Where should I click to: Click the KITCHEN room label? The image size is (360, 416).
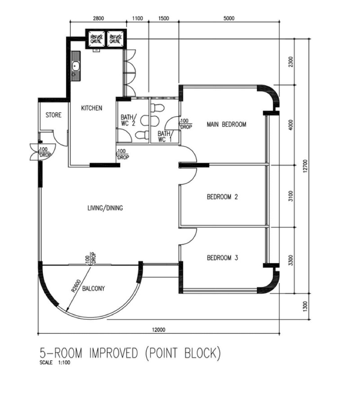(92, 108)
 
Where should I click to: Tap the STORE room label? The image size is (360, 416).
(54, 115)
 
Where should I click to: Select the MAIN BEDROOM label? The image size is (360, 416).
(226, 124)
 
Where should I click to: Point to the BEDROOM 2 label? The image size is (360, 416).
(222, 197)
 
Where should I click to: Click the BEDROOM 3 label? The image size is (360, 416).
(222, 258)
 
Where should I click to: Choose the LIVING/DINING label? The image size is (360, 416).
(105, 208)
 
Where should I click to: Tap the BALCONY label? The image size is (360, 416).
(94, 288)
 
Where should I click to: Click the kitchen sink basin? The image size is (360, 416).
(76, 66)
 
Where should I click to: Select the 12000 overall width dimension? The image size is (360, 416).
(158, 330)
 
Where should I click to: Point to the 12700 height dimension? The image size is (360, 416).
(305, 166)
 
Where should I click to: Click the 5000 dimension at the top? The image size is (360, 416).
(229, 18)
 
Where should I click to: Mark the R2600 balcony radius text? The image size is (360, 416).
(76, 286)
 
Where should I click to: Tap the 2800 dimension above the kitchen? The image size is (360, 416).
(98, 18)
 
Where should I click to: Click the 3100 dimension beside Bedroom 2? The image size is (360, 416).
(291, 196)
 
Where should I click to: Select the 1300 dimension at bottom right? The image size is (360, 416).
(305, 306)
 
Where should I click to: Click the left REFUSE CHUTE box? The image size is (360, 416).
(96, 39)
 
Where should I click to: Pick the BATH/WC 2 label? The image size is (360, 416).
(129, 120)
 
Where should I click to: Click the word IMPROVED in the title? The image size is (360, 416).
(114, 353)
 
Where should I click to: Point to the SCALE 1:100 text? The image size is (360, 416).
(55, 362)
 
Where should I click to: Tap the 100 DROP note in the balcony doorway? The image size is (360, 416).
(90, 258)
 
